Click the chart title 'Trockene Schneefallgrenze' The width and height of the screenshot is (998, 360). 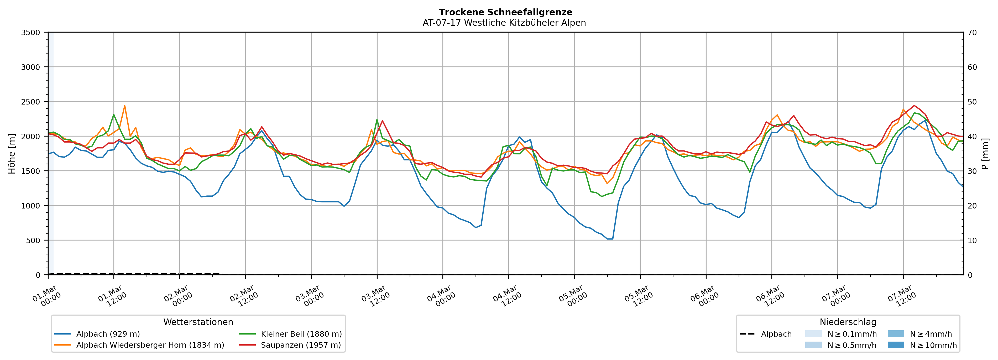click(x=505, y=12)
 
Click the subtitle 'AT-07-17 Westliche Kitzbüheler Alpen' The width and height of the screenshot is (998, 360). click(x=504, y=23)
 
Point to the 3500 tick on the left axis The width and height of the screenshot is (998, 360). click(x=31, y=33)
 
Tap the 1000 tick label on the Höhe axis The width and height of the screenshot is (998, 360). click(x=31, y=206)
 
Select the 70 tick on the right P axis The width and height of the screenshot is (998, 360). click(x=972, y=33)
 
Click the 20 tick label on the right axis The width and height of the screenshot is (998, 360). click(x=972, y=206)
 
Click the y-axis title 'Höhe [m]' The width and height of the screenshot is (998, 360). click(x=12, y=154)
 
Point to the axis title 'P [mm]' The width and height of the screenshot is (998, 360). click(x=985, y=154)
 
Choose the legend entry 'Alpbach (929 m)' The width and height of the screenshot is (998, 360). click(x=108, y=334)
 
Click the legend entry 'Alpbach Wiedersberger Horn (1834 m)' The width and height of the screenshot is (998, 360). click(x=150, y=345)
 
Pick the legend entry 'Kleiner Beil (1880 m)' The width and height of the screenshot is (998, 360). click(x=301, y=334)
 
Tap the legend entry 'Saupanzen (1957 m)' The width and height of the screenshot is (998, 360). click(x=301, y=345)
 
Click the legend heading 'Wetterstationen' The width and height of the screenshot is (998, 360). click(x=198, y=322)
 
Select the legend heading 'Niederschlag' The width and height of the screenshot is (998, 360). click(x=848, y=322)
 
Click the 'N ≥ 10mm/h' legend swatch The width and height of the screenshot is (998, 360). click(x=895, y=345)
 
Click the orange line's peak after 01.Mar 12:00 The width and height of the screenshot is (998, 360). click(x=124, y=106)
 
